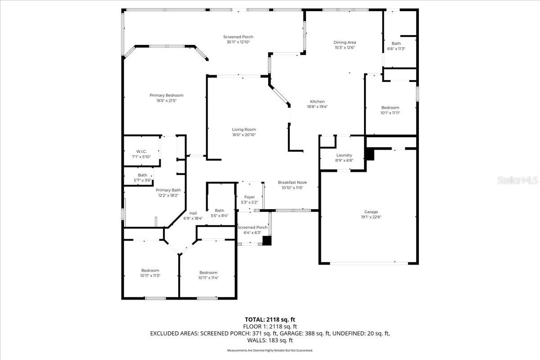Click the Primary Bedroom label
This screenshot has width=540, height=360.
click(166, 95)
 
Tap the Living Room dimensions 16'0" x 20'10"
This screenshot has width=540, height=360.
click(244, 135)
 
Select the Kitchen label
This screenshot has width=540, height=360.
click(317, 102)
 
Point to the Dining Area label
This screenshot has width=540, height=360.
click(345, 42)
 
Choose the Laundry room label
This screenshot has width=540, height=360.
click(344, 155)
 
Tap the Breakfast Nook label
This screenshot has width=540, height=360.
click(292, 182)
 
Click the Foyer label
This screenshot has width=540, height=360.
click(249, 197)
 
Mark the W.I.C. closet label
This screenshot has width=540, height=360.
click(141, 151)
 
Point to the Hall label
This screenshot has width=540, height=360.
click(193, 213)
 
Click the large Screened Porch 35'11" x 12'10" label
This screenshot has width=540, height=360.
click(238, 37)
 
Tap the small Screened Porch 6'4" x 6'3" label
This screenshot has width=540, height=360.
click(252, 227)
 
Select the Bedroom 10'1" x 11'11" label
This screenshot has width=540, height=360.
click(390, 108)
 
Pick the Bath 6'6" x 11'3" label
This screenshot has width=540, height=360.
click(396, 44)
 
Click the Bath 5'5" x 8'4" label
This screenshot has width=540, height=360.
click(219, 211)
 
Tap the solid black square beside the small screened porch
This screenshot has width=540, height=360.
click(267, 241)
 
